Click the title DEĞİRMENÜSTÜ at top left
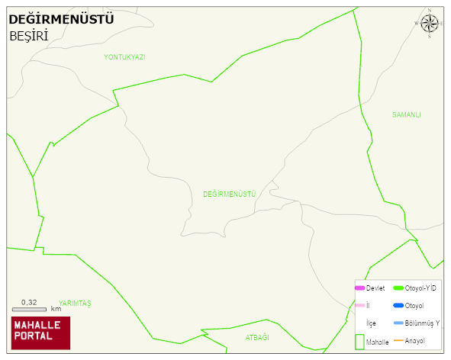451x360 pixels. (61, 19)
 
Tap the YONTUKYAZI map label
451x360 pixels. (124, 57)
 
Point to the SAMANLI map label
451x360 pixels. (407, 115)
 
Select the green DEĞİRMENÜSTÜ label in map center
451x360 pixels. (229, 194)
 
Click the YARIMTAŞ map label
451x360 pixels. (75, 304)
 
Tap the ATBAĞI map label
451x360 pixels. (257, 337)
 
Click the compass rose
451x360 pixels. (430, 23)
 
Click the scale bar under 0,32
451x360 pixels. (29, 309)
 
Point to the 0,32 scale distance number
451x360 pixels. (29, 302)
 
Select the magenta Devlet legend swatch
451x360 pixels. (359, 288)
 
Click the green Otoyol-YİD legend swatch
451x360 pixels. (398, 288)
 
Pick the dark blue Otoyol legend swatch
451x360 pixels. (398, 306)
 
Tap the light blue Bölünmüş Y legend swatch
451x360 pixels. (398, 323)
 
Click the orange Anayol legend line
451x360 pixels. (398, 340)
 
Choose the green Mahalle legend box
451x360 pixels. (359, 342)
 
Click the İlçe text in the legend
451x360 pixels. (371, 323)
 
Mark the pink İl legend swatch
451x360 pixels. (359, 306)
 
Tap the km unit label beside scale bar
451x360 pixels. (56, 309)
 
